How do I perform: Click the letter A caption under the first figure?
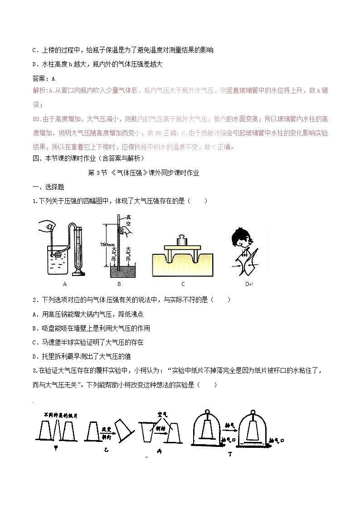65,284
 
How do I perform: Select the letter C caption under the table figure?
183,284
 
